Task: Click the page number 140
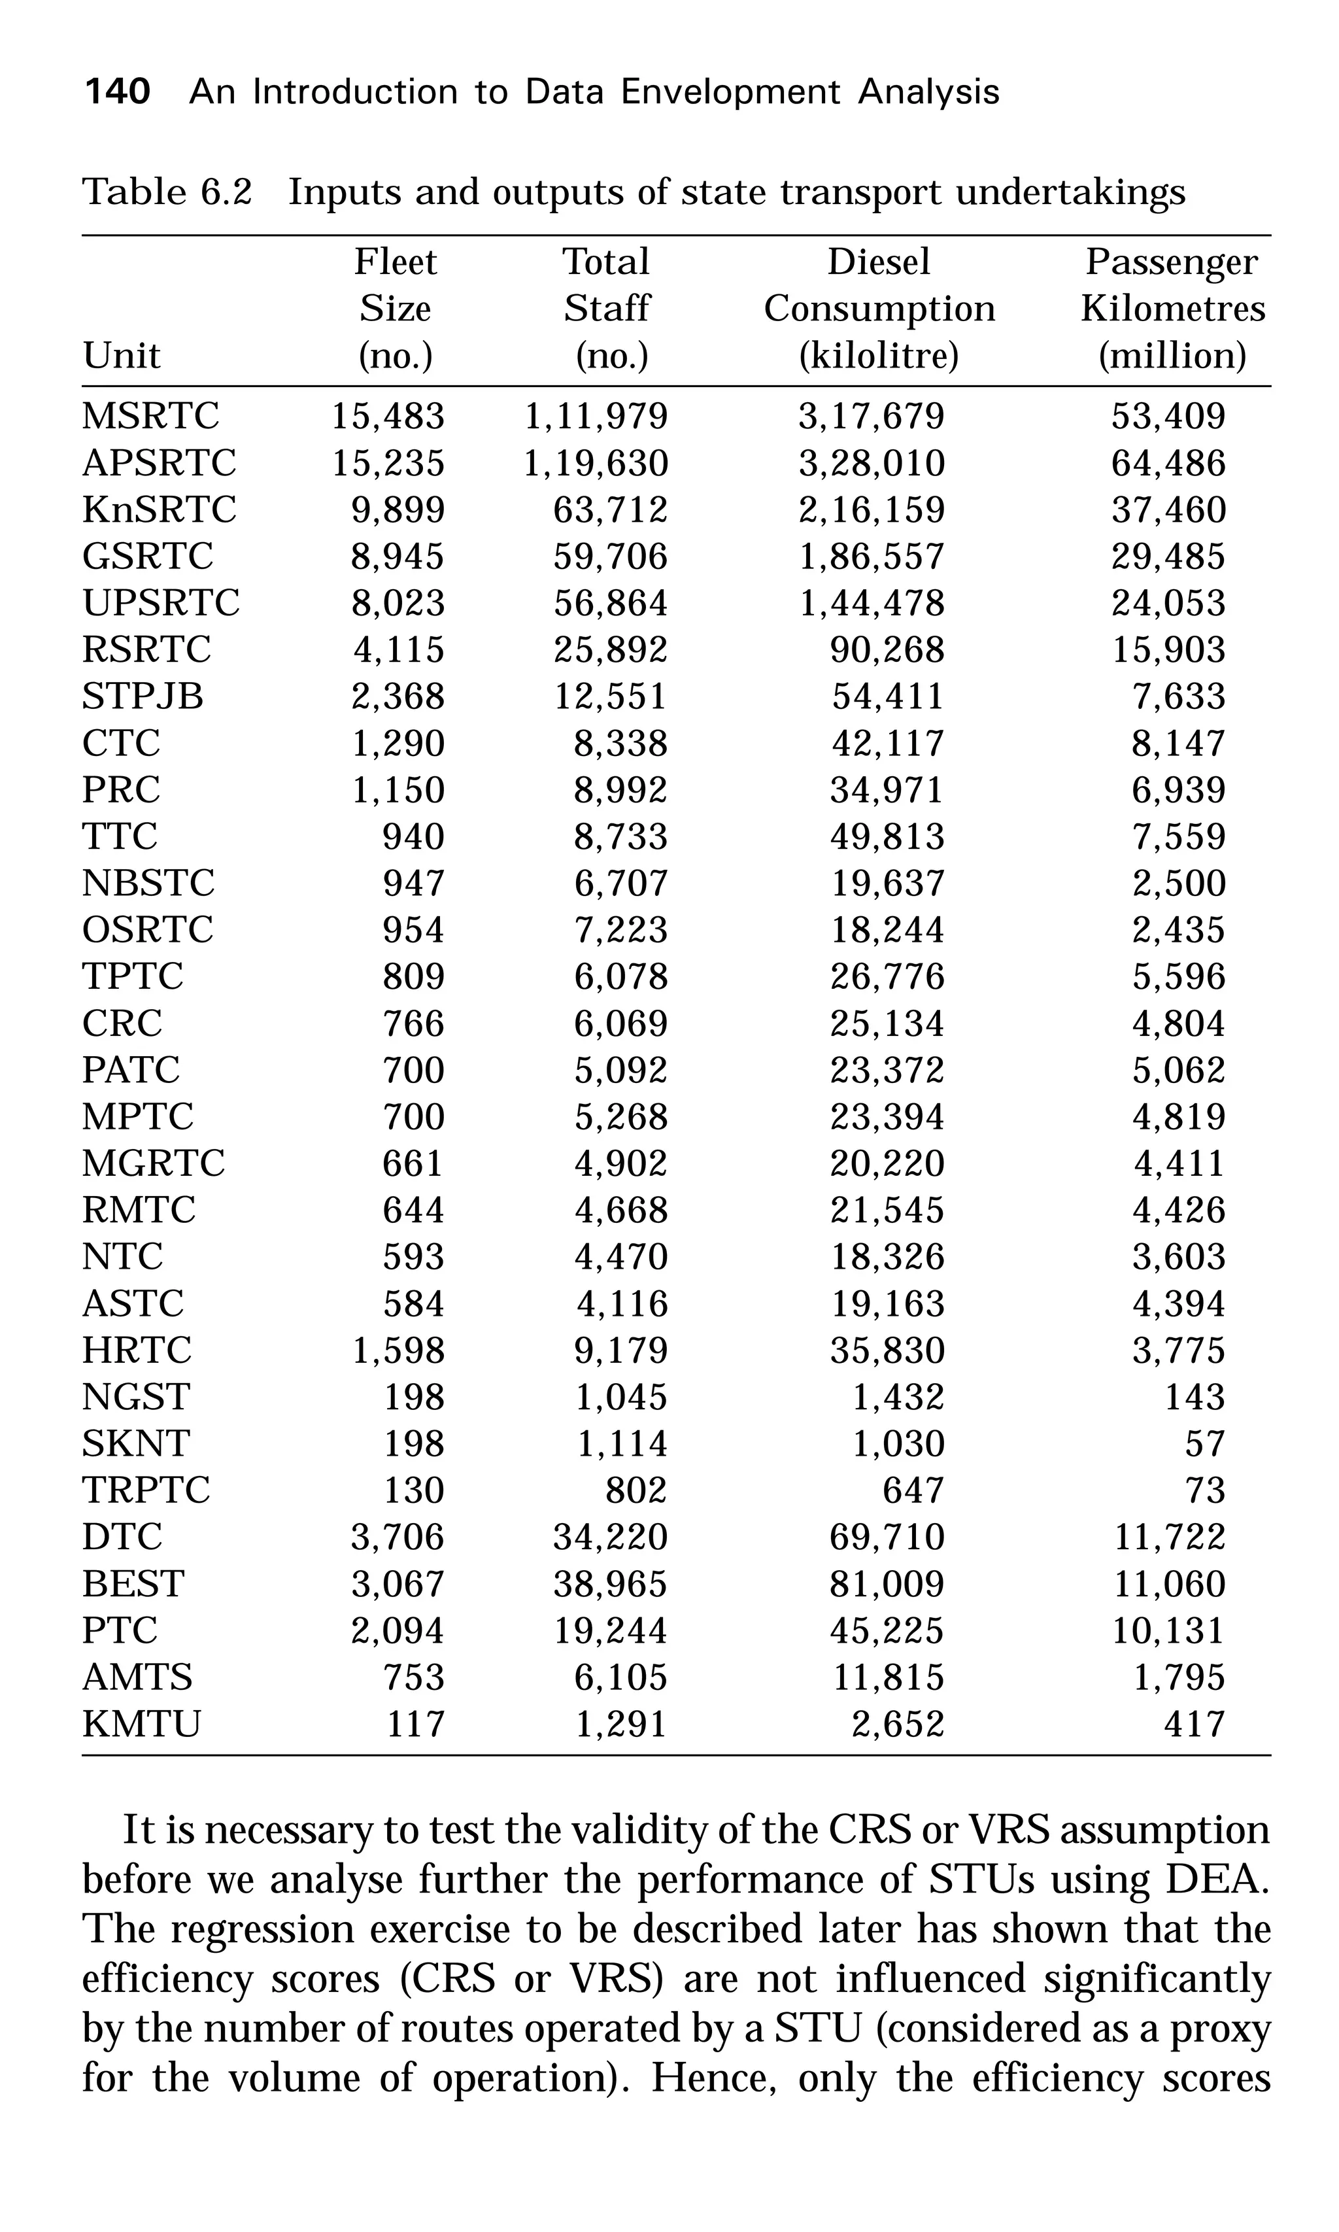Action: [x=116, y=92]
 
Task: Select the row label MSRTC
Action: [x=150, y=416]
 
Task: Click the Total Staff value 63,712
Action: [x=610, y=510]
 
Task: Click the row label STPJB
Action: [x=143, y=696]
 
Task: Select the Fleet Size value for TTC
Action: [x=413, y=836]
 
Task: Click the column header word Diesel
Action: [x=879, y=262]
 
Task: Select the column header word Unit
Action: [x=121, y=356]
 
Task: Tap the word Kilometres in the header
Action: [x=1173, y=309]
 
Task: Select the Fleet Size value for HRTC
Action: [x=398, y=1350]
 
